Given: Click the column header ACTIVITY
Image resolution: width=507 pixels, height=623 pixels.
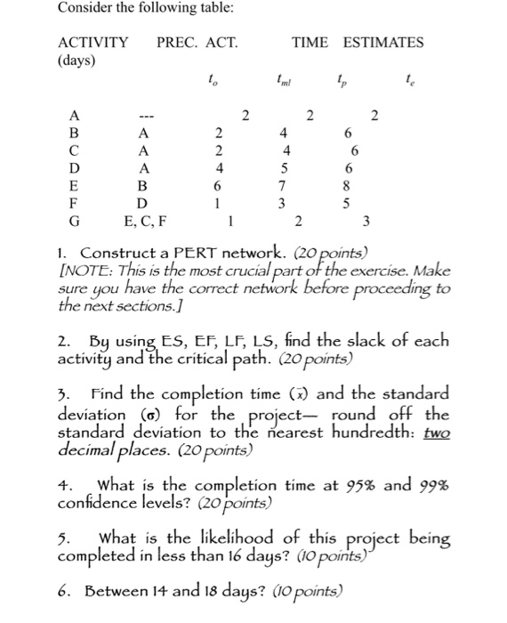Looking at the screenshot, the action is pyautogui.click(x=93, y=42).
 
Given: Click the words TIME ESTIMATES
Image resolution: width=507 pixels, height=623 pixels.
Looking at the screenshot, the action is pyautogui.click(x=358, y=42).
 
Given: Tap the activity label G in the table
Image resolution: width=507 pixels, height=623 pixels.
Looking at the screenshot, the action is pyautogui.click(x=75, y=220).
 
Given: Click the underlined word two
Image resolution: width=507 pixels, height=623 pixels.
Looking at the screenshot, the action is pyautogui.click(x=438, y=434).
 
